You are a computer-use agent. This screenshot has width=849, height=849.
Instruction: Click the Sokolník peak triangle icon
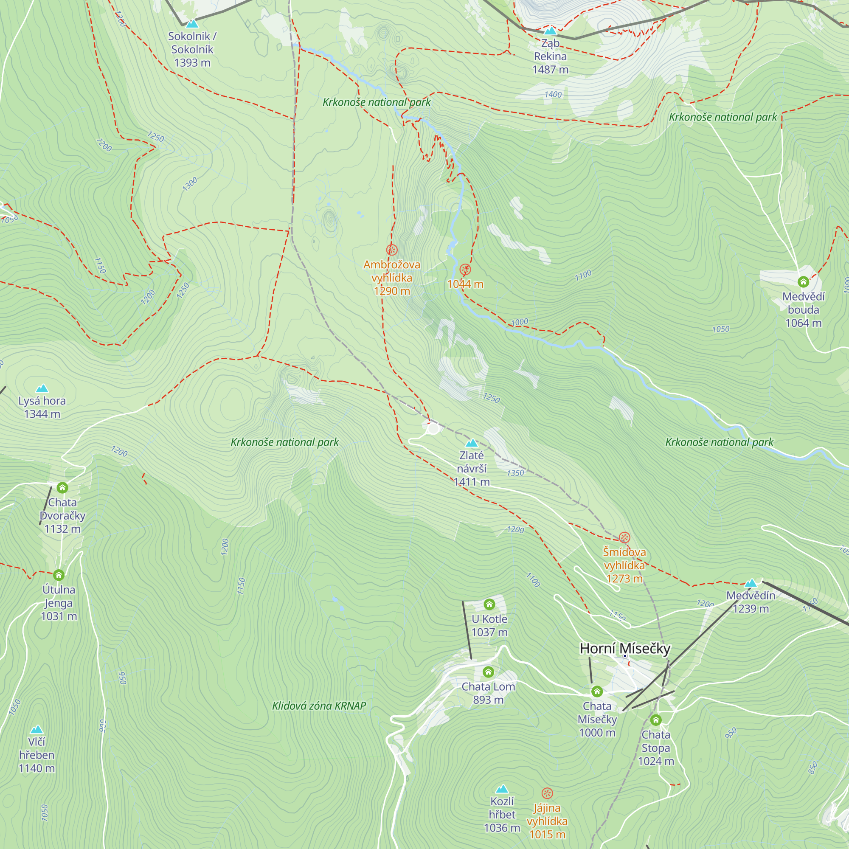[192, 24]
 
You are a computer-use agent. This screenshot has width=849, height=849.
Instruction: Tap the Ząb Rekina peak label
[550, 56]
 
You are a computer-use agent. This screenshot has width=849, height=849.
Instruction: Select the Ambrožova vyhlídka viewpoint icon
[391, 250]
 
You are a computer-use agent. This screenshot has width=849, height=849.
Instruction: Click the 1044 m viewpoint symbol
[465, 270]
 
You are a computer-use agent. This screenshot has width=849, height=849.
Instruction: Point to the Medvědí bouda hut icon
[803, 282]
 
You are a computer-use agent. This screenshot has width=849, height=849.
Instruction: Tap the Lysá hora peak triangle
[42, 388]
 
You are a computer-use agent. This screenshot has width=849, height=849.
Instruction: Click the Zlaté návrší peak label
[472, 469]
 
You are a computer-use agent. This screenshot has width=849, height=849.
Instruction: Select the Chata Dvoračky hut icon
[62, 487]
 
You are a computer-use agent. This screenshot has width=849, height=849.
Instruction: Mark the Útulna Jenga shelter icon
[59, 575]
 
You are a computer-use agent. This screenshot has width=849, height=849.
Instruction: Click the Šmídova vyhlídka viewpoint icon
[624, 537]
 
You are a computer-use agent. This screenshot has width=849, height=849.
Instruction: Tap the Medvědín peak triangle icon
[751, 583]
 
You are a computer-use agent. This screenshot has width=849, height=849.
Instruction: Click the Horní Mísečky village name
[625, 649]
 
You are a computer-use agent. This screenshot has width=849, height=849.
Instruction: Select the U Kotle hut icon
[489, 604]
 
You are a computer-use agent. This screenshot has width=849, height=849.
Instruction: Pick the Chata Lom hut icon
[488, 672]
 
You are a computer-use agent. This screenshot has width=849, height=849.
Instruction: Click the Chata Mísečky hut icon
[597, 692]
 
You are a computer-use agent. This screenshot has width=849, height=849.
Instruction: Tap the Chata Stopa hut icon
[656, 720]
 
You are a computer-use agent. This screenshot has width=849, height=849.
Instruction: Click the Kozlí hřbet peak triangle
[502, 789]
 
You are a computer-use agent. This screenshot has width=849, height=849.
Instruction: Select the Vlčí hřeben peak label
[37, 755]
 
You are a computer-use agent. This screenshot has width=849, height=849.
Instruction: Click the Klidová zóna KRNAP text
[319, 706]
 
